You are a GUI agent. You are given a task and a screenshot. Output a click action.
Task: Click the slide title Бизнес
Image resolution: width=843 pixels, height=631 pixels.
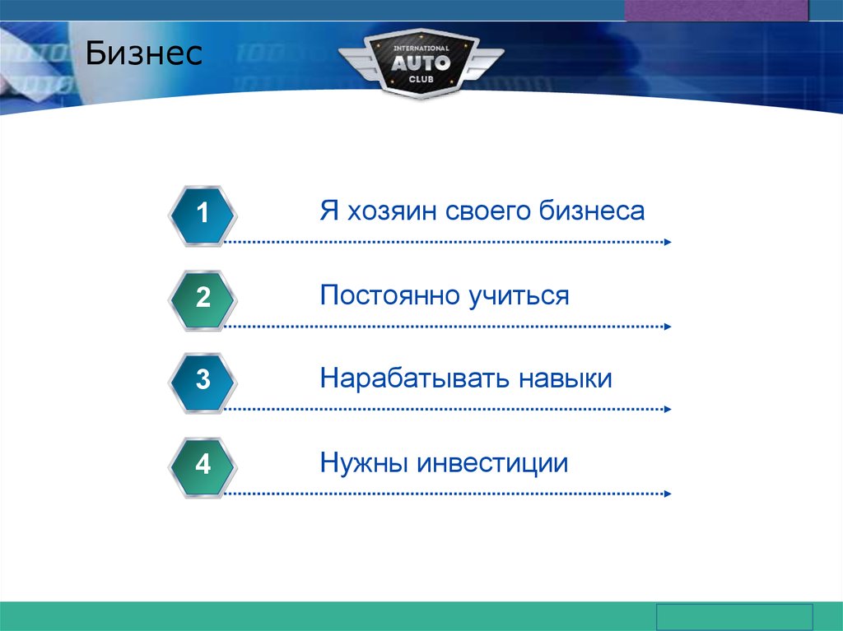click(143, 53)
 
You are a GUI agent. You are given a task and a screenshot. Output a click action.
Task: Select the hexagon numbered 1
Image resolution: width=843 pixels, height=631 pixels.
click(203, 216)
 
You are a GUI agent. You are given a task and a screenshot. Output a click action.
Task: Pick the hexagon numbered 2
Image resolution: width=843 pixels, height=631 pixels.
click(203, 300)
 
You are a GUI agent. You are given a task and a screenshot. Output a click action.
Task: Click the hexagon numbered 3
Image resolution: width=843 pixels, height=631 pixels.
click(203, 383)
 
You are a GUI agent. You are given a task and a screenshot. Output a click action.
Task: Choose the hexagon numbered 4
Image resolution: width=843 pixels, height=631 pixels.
click(203, 467)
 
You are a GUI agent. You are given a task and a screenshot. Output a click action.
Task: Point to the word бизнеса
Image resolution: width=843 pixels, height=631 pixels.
click(591, 211)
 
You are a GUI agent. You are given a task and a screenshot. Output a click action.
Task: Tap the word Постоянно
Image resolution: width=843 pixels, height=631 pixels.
click(390, 295)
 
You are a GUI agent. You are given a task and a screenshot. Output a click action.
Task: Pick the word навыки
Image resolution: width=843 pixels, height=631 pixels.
click(566, 379)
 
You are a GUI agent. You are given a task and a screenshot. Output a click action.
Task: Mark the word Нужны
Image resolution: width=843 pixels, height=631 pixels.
click(364, 463)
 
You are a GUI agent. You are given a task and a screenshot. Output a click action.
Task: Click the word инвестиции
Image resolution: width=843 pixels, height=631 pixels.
click(492, 463)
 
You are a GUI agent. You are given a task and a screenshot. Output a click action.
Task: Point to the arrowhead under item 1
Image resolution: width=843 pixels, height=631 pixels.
click(668, 242)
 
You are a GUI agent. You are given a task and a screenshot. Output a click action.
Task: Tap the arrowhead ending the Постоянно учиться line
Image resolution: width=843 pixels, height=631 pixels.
click(668, 327)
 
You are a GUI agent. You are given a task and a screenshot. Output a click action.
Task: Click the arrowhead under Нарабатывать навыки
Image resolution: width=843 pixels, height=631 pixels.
click(668, 409)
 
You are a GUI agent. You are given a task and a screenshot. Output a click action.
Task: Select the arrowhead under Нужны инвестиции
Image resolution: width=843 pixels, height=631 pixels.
click(668, 494)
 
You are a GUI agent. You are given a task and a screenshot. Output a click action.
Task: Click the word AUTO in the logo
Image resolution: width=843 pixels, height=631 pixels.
click(421, 63)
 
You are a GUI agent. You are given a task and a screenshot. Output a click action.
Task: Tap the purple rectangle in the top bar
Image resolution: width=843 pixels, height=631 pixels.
click(717, 10)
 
